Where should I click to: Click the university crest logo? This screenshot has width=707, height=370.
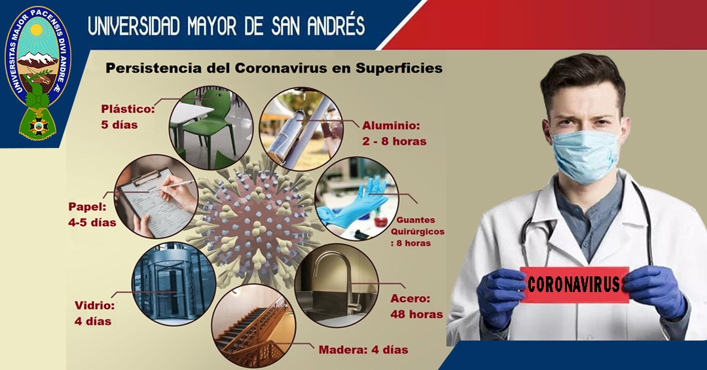click(37, 72)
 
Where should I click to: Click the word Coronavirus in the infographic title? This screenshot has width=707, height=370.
click(292, 69)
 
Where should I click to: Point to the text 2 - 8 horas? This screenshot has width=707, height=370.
click(394, 141)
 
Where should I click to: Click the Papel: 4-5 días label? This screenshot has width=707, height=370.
click(92, 214)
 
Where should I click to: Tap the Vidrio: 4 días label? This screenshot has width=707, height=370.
click(95, 313)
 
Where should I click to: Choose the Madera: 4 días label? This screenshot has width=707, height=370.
click(363, 350)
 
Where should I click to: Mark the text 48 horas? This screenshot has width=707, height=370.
click(416, 314)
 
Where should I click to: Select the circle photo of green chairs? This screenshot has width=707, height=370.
click(211, 128)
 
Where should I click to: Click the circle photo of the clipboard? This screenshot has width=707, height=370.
click(156, 196)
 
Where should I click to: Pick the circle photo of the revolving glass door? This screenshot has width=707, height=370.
click(173, 284)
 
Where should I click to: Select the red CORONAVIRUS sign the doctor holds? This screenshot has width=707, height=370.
click(574, 284)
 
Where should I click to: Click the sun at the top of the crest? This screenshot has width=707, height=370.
click(36, 31)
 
